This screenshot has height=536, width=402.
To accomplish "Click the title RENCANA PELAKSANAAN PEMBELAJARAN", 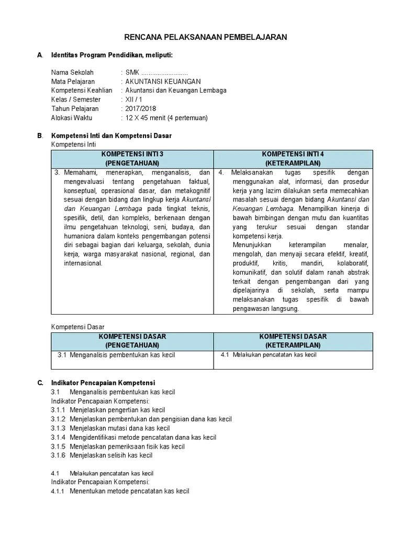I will (205, 37).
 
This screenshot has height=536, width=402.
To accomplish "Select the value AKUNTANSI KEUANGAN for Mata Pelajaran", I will (163, 82).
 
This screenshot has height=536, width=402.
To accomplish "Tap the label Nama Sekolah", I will (72, 73).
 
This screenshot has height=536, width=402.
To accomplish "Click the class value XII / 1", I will (133, 99).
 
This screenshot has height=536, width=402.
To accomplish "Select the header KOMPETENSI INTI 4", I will (293, 154).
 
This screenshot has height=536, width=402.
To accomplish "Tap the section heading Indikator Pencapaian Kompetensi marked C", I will (103, 383).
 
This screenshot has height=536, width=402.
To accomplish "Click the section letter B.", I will (40, 136).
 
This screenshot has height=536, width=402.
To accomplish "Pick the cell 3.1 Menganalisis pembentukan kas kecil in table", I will (116, 355).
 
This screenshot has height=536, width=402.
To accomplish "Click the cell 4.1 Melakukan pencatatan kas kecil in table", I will (269, 355).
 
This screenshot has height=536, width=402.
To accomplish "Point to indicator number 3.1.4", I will (58, 438).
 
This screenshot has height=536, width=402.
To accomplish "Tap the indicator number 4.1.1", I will (58, 492).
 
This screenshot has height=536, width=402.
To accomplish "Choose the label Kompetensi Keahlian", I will (82, 91).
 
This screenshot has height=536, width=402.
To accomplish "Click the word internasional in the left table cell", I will (83, 263).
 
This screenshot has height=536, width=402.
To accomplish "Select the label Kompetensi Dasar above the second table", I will (77, 327).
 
